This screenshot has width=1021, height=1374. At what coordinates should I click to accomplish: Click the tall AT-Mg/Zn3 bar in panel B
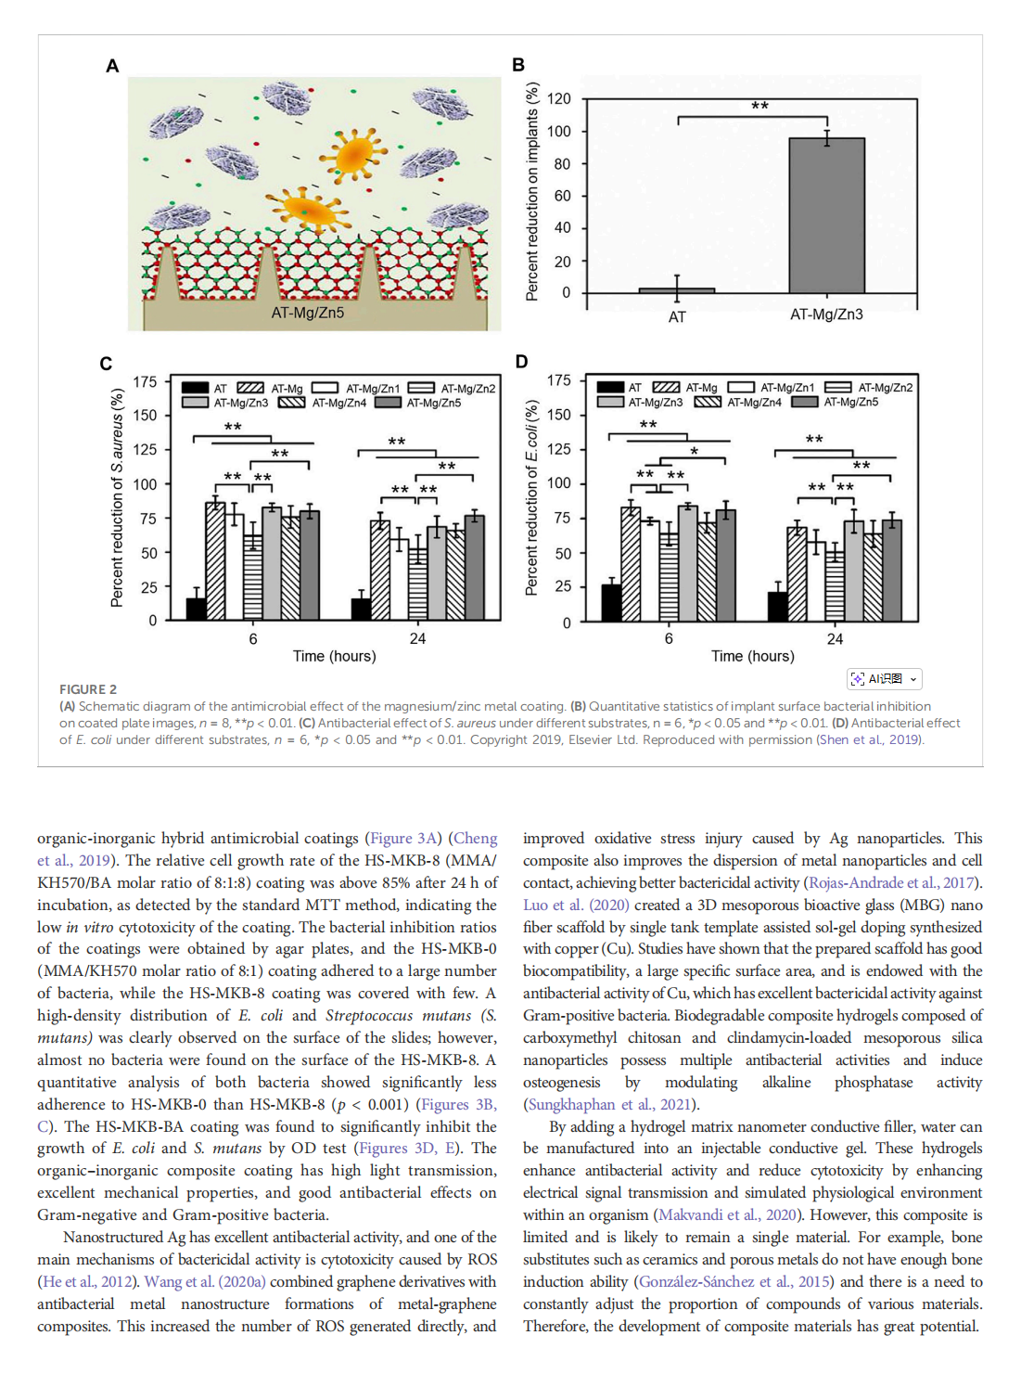pos(826,215)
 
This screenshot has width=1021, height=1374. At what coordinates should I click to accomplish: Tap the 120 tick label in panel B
pos(558,99)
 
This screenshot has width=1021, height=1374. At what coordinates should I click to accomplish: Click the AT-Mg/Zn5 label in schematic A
pos(307,313)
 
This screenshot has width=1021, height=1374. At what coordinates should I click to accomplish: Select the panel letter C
pos(106,364)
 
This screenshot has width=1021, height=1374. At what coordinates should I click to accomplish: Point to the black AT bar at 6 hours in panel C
pos(196,609)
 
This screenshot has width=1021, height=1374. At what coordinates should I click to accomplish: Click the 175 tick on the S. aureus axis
pos(145,382)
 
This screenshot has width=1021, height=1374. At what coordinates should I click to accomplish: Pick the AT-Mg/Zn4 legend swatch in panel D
pos(708,403)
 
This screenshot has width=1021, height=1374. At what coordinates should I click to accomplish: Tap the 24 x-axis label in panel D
pos(835,639)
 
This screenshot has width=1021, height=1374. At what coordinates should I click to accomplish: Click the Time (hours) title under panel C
pos(334,656)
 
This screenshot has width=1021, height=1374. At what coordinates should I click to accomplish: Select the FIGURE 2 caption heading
pos(88,689)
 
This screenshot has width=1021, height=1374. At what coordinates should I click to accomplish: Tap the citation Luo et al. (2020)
pos(575,905)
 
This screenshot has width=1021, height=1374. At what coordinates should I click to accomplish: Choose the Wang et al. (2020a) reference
pos(204,1282)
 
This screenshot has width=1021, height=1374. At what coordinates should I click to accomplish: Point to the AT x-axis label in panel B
pos(677,317)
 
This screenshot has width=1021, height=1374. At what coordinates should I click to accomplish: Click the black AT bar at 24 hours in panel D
pos(777,606)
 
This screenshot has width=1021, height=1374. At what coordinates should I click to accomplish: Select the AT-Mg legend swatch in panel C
pos(249,388)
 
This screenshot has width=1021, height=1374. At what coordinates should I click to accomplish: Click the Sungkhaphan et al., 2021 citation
pos(610,1104)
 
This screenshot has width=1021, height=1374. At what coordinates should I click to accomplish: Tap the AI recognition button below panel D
pos(884,679)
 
